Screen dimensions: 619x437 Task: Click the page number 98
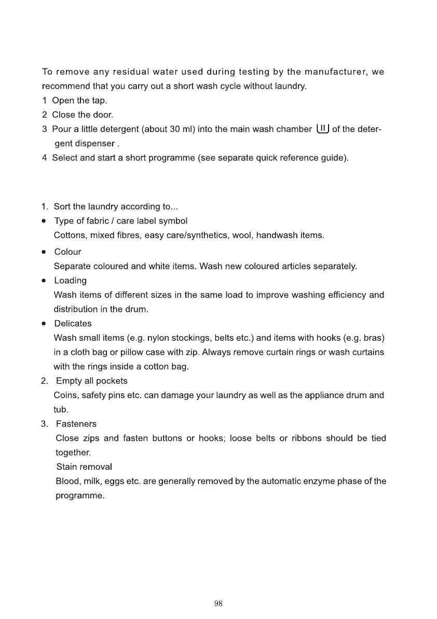click(x=218, y=603)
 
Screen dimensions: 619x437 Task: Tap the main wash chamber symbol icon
click(x=322, y=129)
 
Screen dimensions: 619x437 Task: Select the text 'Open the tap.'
click(x=79, y=100)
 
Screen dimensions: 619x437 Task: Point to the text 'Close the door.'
click(x=83, y=115)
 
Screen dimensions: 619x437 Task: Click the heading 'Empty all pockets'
click(x=91, y=381)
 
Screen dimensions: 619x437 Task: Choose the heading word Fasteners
click(x=76, y=424)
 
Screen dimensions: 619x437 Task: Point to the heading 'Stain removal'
click(x=84, y=467)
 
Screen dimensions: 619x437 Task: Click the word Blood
click(x=67, y=481)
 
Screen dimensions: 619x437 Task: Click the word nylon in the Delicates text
click(x=159, y=338)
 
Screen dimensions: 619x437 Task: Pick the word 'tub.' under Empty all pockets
click(x=61, y=410)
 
